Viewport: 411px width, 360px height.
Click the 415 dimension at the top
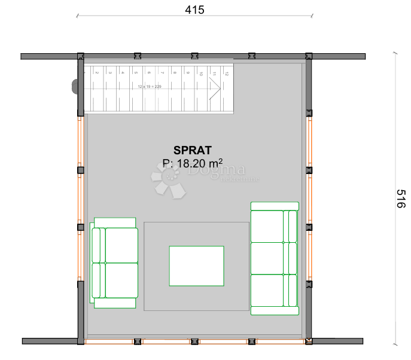(x=195, y=10)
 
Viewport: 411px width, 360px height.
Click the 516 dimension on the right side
(x=400, y=199)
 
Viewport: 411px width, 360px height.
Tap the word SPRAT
(x=193, y=150)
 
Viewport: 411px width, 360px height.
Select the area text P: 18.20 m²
(x=193, y=163)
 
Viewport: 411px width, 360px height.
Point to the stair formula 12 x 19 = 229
(x=149, y=87)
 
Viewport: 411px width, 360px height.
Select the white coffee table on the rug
(x=197, y=266)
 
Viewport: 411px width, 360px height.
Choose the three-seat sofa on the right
(x=274, y=258)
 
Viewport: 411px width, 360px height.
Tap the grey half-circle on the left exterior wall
(x=75, y=86)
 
